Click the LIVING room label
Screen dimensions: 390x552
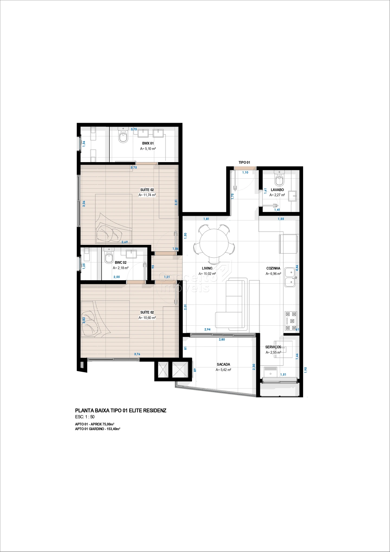pyautogui.click(x=207, y=268)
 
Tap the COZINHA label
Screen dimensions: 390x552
pyautogui.click(x=273, y=268)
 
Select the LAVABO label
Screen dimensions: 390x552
pyautogui.click(x=277, y=190)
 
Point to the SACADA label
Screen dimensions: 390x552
pyautogui.click(x=223, y=364)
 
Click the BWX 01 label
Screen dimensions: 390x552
pyautogui.click(x=148, y=143)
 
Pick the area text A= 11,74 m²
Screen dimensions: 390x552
pyautogui.click(x=147, y=195)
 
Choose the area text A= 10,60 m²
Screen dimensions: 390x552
pyautogui.click(x=147, y=318)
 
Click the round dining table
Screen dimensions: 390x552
pyautogui.click(x=214, y=243)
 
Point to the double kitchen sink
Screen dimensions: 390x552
pyautogui.click(x=290, y=277)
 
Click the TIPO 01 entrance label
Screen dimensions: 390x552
pyautogui.click(x=244, y=162)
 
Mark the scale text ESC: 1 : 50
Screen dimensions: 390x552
pyautogui.click(x=85, y=417)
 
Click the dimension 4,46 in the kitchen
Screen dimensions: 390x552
pyautogui.click(x=297, y=268)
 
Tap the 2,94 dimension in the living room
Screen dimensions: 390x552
pyautogui.click(x=207, y=329)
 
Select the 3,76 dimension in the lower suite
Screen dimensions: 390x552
pyautogui.click(x=137, y=354)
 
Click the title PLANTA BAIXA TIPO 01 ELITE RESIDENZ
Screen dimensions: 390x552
pyautogui.click(x=121, y=410)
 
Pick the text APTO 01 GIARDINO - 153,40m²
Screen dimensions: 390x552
pyautogui.click(x=97, y=429)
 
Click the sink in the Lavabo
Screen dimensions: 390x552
pyautogui.click(x=292, y=196)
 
